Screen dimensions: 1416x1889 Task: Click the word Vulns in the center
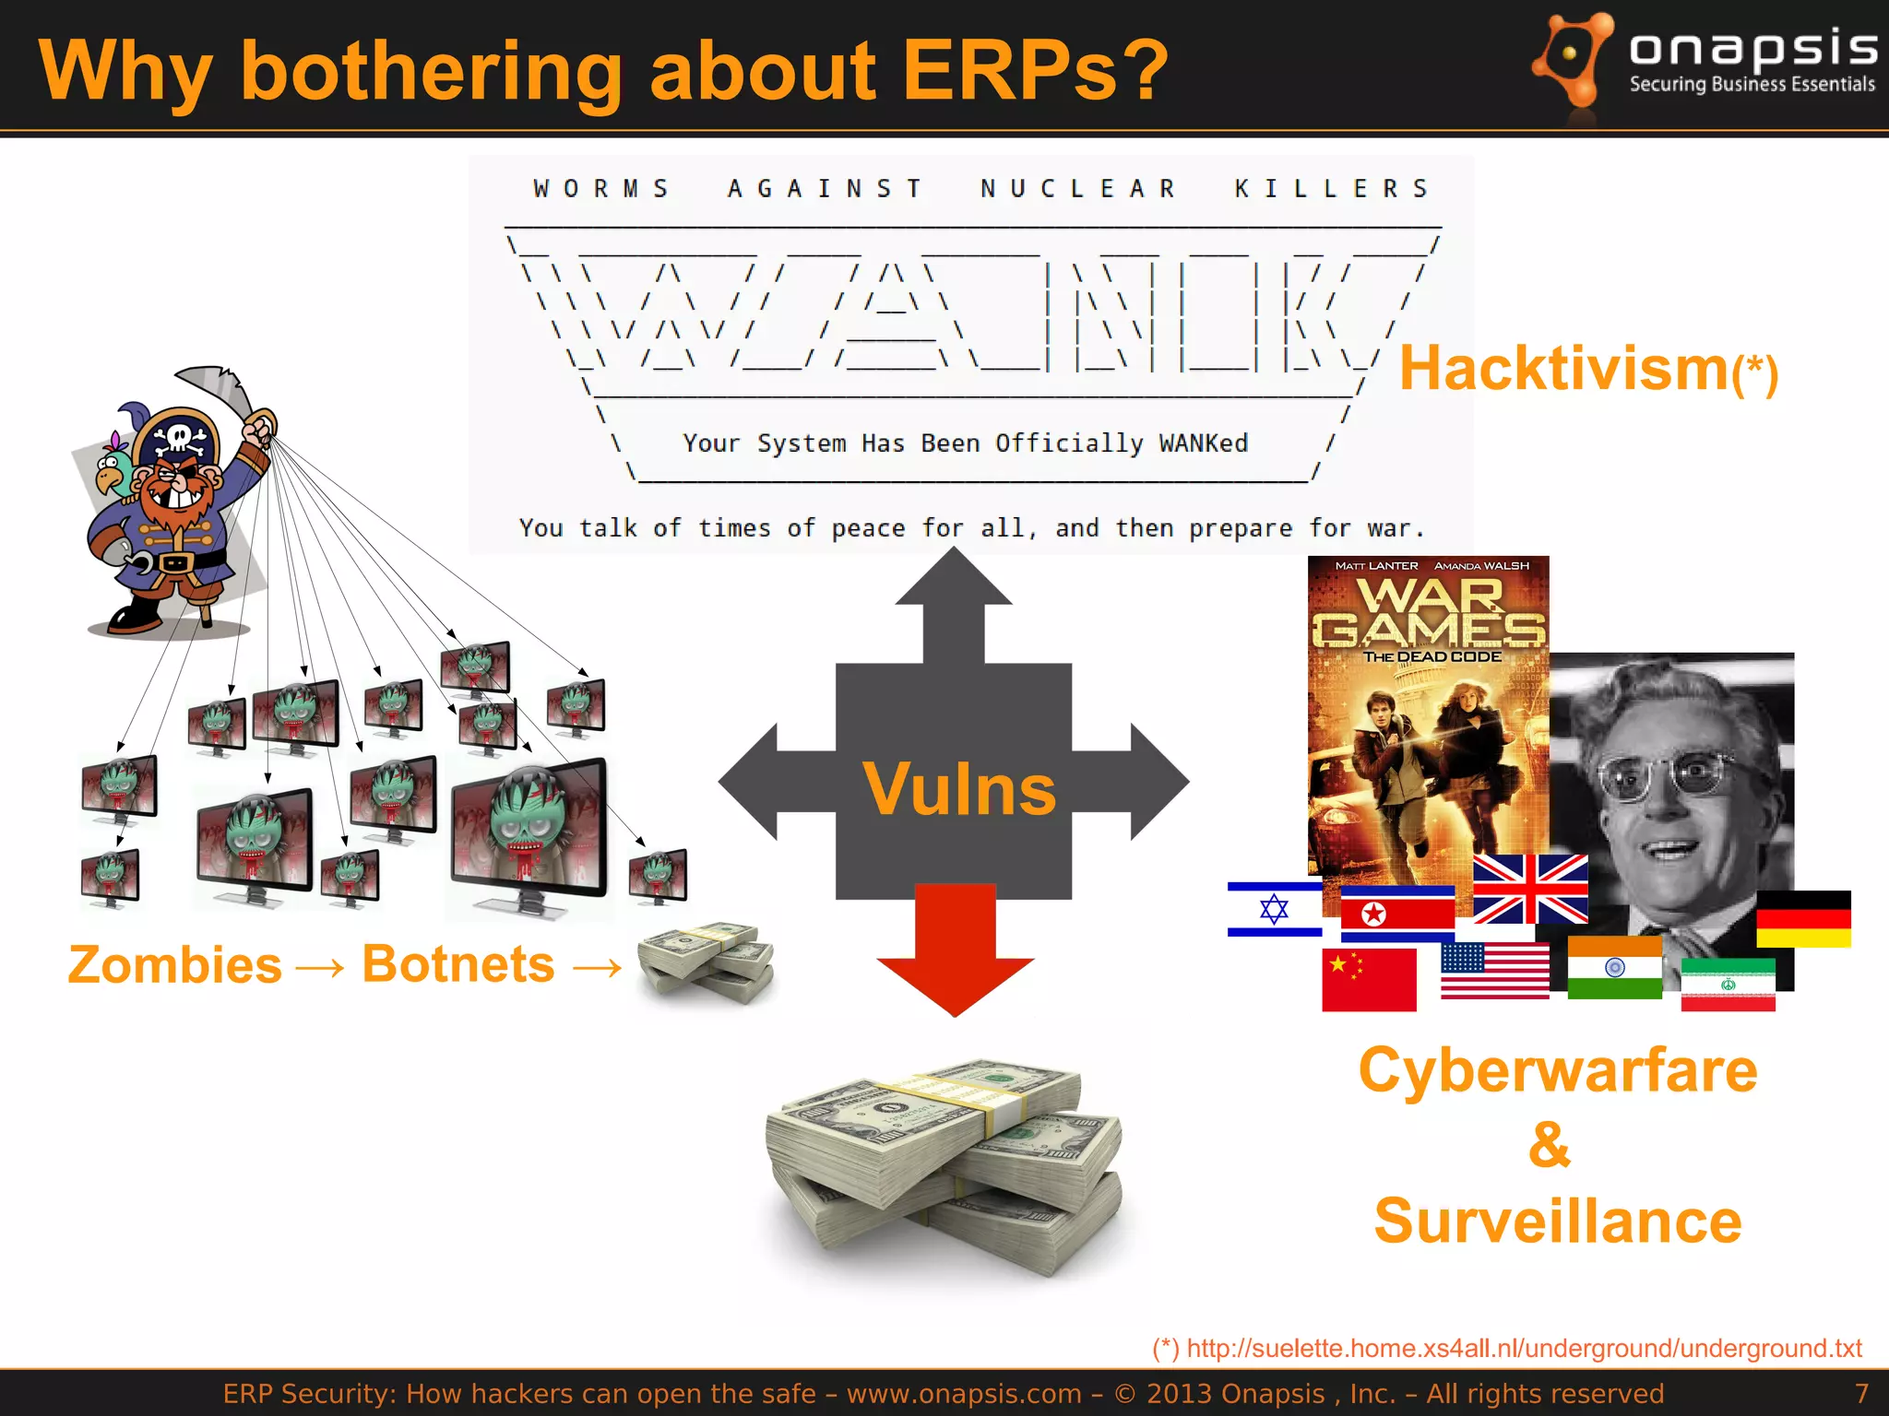click(x=958, y=789)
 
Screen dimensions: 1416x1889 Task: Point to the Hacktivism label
click(x=1563, y=368)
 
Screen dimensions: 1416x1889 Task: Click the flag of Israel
click(x=1274, y=909)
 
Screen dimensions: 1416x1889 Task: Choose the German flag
click(x=1803, y=919)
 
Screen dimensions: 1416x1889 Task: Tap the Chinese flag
click(x=1368, y=980)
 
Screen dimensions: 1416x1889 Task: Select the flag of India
click(x=1614, y=967)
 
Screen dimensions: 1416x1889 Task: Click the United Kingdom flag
click(x=1530, y=889)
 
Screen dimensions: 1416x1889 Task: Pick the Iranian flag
click(x=1728, y=985)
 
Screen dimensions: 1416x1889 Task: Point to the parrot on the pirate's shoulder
click(x=116, y=466)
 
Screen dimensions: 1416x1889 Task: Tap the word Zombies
click(x=174, y=965)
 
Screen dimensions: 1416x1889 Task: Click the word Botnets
click(x=457, y=964)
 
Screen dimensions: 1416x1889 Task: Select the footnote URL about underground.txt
click(x=1523, y=1348)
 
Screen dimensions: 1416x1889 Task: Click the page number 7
click(x=1861, y=1393)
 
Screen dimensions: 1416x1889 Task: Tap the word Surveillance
click(x=1557, y=1221)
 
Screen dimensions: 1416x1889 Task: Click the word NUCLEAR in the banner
click(x=1077, y=189)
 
